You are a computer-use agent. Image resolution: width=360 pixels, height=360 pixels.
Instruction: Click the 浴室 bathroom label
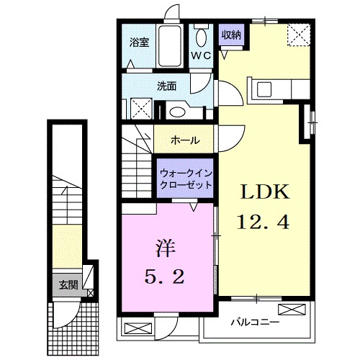(x=139, y=42)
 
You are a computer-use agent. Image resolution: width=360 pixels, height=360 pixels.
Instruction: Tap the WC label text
(x=200, y=55)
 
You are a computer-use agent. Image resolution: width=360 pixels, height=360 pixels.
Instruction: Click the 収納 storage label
(x=230, y=33)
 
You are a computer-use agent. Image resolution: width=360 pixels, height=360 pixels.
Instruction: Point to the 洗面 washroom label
(x=167, y=86)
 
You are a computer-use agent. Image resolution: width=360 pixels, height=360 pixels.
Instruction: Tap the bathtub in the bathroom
(x=171, y=47)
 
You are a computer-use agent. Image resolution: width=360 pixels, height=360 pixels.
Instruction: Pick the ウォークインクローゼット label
(x=186, y=179)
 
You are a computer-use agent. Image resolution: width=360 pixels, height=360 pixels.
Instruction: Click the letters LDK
(x=264, y=192)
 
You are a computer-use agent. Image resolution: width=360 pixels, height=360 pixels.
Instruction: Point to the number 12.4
(x=264, y=223)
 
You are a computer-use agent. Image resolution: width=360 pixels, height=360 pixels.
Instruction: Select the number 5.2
(x=166, y=276)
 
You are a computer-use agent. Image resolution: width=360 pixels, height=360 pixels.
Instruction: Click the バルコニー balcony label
(x=256, y=321)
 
